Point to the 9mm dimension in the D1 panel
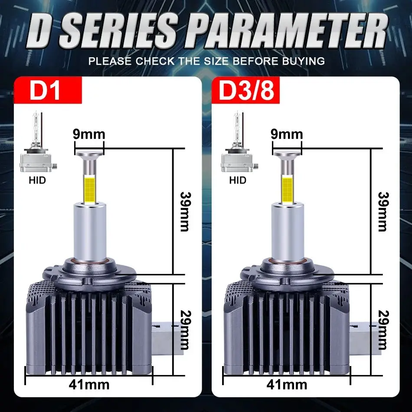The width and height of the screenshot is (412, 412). point(89,134)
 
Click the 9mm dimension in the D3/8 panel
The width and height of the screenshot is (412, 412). point(287,134)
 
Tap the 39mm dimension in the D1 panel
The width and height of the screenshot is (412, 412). point(184,212)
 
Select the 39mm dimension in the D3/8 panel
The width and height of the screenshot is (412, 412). point(382,212)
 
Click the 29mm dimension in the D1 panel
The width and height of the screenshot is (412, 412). point(184,330)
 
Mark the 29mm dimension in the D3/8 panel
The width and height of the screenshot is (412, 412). point(382,330)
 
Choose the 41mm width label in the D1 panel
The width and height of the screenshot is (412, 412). point(89,384)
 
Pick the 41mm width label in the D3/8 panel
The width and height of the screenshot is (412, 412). point(287,384)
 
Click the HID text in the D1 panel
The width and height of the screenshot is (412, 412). point(37,180)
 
